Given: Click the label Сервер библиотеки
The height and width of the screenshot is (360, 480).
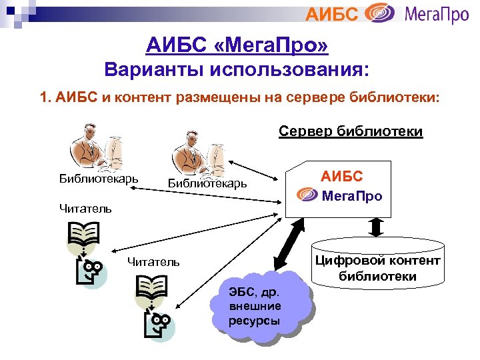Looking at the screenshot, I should pyautogui.click(x=350, y=131).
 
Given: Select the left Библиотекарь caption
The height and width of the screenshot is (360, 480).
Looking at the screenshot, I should pyautogui.click(x=99, y=178).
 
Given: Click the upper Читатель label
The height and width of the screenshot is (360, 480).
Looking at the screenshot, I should pyautogui.click(x=85, y=208).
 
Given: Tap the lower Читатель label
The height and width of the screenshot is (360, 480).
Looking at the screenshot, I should pyautogui.click(x=153, y=262).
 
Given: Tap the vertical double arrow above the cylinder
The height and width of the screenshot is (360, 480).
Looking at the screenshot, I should pyautogui.click(x=376, y=227).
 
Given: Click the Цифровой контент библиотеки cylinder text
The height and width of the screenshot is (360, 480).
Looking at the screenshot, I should pyautogui.click(x=377, y=268).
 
